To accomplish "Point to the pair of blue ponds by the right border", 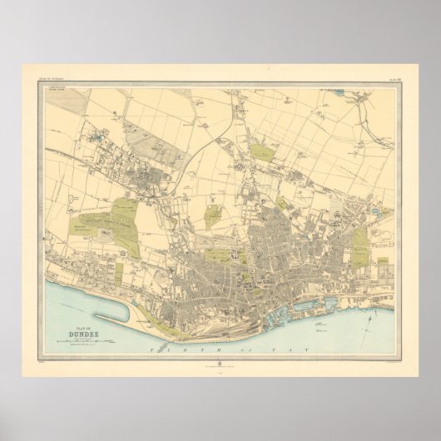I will click(x=385, y=214).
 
